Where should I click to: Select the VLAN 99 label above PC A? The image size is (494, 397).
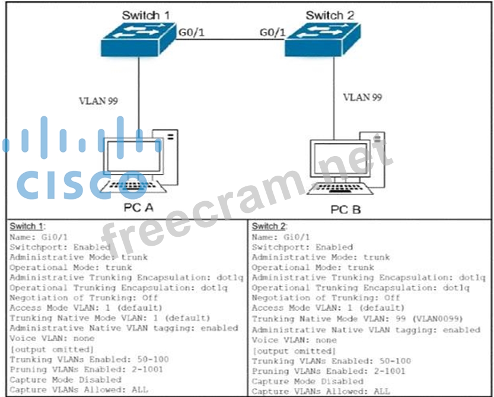pos(98,101)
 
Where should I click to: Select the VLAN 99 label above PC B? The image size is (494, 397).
pos(363,97)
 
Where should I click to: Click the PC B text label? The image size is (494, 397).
pos(346,209)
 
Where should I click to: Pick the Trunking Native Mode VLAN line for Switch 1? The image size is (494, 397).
pos(110,318)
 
